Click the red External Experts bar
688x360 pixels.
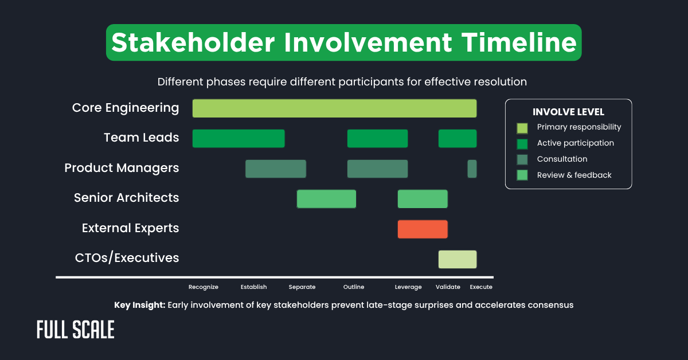[x=423, y=229]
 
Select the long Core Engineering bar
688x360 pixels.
[x=334, y=108]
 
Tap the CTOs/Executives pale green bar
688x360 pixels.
[x=457, y=259]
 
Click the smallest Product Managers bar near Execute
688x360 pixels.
[x=472, y=169]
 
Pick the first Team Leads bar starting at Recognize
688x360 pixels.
[x=239, y=138]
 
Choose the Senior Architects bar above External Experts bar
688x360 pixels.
[x=423, y=198]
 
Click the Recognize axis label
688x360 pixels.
[x=204, y=287]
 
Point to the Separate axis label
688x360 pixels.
[x=302, y=287]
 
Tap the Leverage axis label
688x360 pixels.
[x=408, y=287]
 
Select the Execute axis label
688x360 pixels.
[x=481, y=287]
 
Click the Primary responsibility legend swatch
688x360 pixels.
[x=522, y=127]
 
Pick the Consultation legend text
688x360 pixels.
[x=562, y=159]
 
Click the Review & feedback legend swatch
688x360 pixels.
[x=522, y=175]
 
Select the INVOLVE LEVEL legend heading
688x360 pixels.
[x=568, y=112]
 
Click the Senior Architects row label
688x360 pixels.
[x=126, y=198]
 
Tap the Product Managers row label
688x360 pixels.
[x=122, y=168]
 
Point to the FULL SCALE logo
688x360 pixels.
[x=75, y=330]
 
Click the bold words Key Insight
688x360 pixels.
[x=139, y=305]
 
